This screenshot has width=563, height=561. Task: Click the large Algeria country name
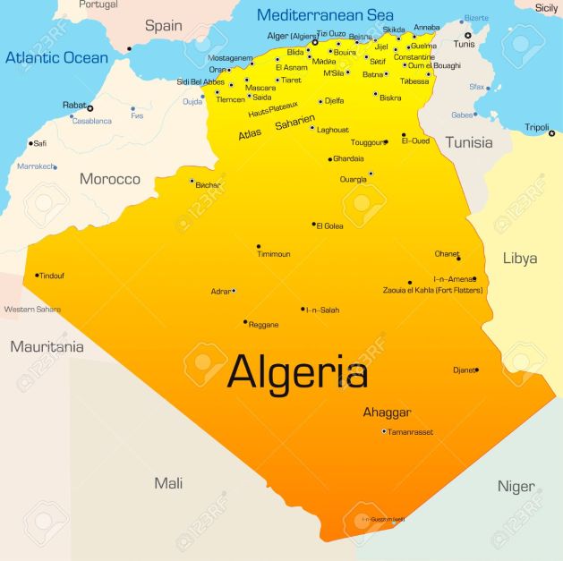[x=297, y=372]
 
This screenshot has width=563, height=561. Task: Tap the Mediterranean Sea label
[x=325, y=15]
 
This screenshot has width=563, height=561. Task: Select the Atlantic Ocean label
[x=56, y=58]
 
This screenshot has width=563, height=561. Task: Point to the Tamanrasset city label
[x=410, y=432]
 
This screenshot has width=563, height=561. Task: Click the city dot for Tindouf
[x=37, y=276]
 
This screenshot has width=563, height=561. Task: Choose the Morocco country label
[x=110, y=179]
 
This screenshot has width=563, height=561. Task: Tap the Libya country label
[x=519, y=259]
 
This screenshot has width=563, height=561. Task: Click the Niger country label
[x=516, y=486]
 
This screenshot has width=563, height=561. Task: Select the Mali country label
[x=168, y=483]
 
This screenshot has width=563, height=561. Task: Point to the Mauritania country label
[x=47, y=346]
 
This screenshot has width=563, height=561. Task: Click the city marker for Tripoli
[x=551, y=133]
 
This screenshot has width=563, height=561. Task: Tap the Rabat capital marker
[x=90, y=108]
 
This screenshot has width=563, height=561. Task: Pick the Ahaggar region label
[x=387, y=412]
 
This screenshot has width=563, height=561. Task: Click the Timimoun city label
[x=274, y=254]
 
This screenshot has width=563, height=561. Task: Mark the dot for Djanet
[x=476, y=370]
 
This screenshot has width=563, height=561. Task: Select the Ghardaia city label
[x=348, y=158]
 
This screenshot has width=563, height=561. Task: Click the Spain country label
[x=164, y=26]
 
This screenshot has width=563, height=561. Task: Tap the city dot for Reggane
[x=245, y=322]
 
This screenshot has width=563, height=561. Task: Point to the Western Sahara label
[x=32, y=310]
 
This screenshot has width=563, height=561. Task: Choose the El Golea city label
[x=330, y=225]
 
